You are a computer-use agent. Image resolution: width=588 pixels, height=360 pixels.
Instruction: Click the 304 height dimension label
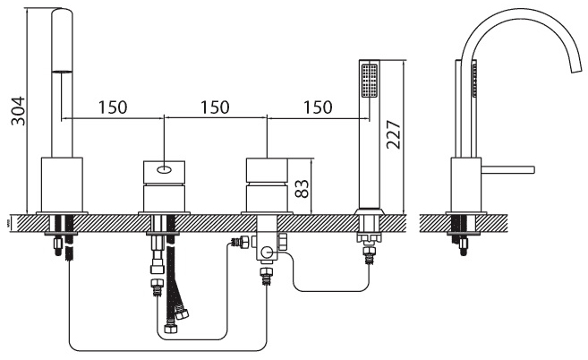click(18, 111)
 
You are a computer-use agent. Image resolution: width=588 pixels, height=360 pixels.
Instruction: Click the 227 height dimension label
click(394, 134)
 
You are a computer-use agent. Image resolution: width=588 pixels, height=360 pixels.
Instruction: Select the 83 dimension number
click(302, 188)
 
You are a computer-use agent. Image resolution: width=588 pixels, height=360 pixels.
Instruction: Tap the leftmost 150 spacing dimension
click(113, 107)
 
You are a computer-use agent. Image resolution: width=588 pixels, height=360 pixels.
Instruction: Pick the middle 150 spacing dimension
click(215, 107)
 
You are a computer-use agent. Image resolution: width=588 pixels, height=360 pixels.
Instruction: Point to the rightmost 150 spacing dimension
click(318, 107)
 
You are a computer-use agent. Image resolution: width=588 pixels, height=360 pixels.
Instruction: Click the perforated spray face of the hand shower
click(370, 81)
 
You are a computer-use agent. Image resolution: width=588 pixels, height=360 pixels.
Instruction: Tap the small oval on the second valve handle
click(165, 170)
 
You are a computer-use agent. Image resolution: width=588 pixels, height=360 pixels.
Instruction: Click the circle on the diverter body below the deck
click(267, 253)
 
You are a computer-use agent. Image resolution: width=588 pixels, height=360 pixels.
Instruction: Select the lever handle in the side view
click(507, 169)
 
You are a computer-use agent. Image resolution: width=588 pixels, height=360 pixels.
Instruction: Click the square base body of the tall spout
click(62, 184)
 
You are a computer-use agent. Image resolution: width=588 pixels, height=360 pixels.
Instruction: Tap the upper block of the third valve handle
click(267, 170)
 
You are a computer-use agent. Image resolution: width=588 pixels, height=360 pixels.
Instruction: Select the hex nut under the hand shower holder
click(370, 237)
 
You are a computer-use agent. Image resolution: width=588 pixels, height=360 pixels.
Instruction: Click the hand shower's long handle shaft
click(370, 153)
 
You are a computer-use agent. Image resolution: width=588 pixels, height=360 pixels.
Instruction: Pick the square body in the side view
click(466, 184)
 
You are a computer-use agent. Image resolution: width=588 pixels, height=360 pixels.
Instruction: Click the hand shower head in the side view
click(474, 81)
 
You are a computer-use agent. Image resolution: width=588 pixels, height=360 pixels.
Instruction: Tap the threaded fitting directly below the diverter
click(267, 277)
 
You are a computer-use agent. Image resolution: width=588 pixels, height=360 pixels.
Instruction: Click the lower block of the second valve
click(165, 199)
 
